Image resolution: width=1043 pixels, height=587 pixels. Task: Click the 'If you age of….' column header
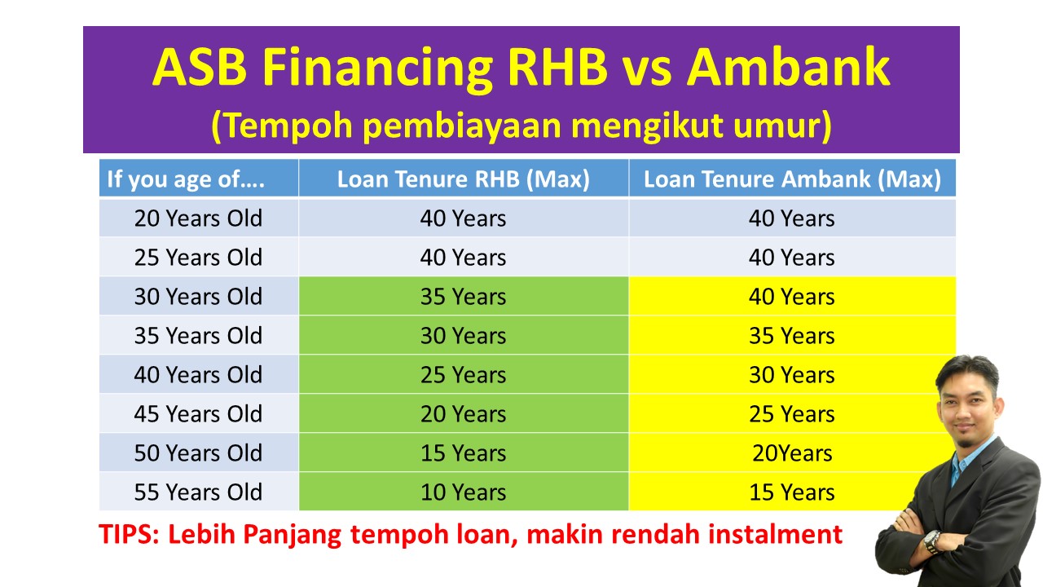(186, 179)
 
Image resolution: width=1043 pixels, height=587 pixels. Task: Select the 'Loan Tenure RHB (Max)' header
(463, 179)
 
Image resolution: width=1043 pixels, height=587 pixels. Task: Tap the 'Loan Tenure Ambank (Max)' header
(792, 179)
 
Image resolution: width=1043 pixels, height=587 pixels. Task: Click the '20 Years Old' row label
(198, 218)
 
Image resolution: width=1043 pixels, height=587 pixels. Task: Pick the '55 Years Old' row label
(198, 492)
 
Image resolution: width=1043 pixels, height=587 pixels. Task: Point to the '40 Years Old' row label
(198, 375)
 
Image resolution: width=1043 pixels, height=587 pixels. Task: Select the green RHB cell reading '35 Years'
(463, 297)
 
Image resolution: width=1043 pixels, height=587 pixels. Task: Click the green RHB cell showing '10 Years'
(463, 492)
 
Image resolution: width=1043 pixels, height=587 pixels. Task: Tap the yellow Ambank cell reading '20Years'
(792, 453)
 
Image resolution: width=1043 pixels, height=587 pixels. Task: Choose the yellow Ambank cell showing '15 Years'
(792, 492)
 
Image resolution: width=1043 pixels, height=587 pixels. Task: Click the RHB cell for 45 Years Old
(463, 414)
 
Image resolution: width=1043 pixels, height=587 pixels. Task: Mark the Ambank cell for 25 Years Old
(792, 258)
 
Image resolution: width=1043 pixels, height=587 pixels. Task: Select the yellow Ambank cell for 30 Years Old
(792, 297)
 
